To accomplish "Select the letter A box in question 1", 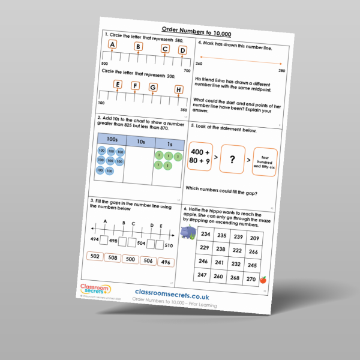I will coord(113,46).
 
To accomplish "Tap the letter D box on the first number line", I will coord(182,51).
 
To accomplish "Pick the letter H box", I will coord(178,90).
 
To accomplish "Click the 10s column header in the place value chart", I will coord(140,142).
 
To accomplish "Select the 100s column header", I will coord(111,139).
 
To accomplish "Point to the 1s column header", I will coord(169,144).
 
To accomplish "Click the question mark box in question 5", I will coord(233,161).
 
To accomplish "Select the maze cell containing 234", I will coord(205,235).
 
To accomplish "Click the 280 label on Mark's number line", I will coord(282,71).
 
